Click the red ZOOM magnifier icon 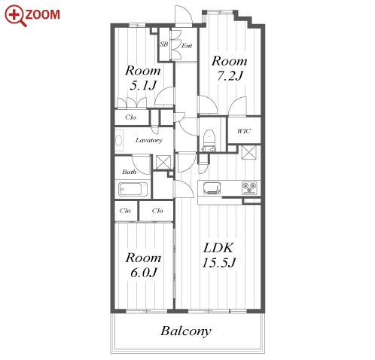coord(16,16)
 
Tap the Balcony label coord(186,331)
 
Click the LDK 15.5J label coord(219,255)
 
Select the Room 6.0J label coord(143,265)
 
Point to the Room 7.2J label coord(230,69)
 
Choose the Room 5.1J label coord(143,78)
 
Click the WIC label coord(244,131)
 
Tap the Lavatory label coord(149,140)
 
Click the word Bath coord(130,172)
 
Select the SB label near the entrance coord(164,44)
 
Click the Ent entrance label coord(187,46)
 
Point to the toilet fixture coord(209,140)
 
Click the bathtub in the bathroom coord(133,189)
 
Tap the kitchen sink coord(212,188)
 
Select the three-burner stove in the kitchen coord(249,188)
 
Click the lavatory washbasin coord(119,140)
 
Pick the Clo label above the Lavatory coord(130,117)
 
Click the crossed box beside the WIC coord(248,152)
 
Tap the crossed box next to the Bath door coord(163,162)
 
